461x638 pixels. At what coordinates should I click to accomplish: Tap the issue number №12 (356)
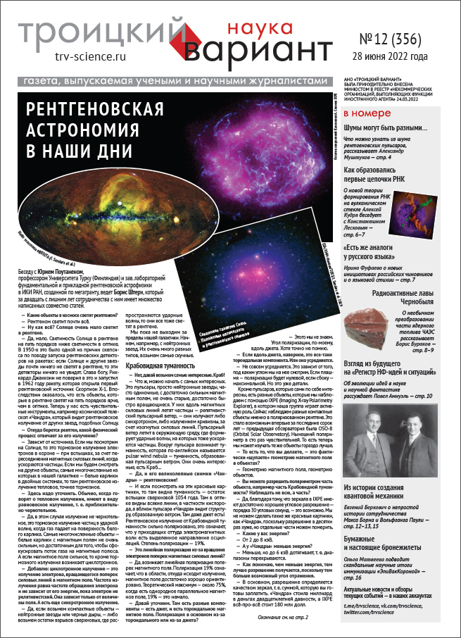pos(393,40)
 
